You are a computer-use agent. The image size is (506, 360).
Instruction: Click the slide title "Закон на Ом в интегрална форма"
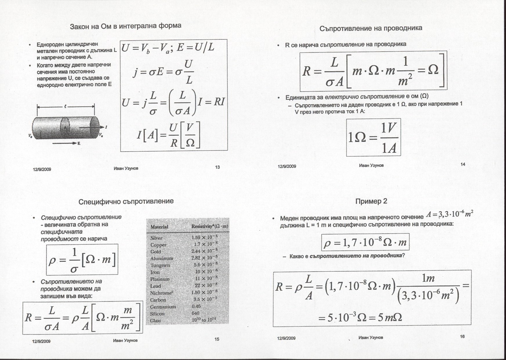pos(126,26)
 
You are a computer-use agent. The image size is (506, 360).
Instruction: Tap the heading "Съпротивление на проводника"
pos(371,28)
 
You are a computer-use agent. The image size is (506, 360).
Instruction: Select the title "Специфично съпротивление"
pos(126,201)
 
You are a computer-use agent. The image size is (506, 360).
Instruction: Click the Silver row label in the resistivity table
pos(156,238)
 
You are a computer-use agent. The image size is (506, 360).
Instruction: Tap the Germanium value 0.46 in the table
pos(196,306)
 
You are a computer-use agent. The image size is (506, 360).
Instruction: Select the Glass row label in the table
pos(155,321)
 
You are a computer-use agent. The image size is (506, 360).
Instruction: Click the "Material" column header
pos(159,227)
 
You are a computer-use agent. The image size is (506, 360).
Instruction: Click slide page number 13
pos(217,167)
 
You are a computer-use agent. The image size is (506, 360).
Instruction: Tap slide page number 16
pos(462,337)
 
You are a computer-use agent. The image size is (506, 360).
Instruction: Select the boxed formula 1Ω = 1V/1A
pos(373,137)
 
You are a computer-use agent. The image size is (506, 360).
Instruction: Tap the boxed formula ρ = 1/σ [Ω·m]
pos(82,259)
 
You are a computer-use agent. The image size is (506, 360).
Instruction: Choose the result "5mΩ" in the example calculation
pos(389,318)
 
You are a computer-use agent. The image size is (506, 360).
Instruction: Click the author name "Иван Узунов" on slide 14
pos(371,166)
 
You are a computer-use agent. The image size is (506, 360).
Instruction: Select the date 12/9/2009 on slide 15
pos(41,341)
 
